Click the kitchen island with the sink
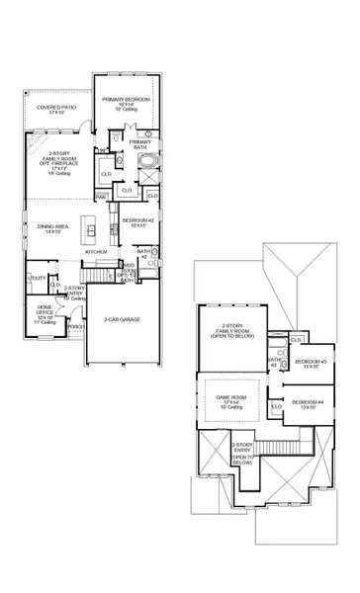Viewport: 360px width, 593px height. [x=89, y=233]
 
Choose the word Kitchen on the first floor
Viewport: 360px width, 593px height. [x=96, y=253]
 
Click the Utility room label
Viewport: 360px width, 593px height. [x=37, y=280]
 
